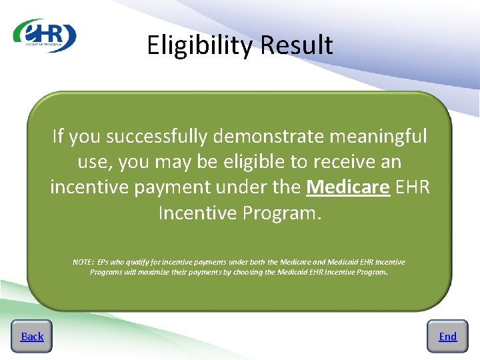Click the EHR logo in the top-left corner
click(x=45, y=35)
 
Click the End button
click(x=447, y=336)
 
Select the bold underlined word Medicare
click(x=347, y=187)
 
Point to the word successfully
click(x=157, y=137)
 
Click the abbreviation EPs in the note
click(x=103, y=262)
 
